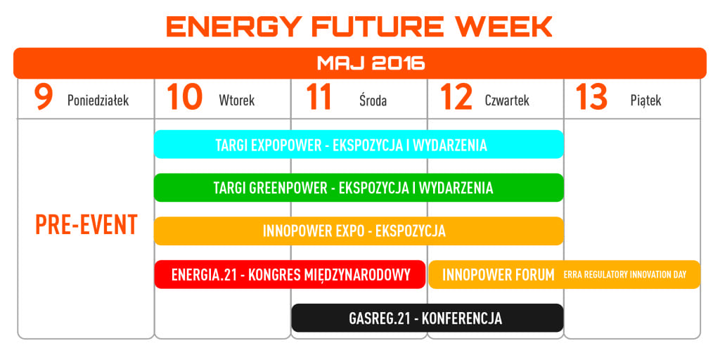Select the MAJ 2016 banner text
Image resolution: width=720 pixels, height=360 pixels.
click(371, 63)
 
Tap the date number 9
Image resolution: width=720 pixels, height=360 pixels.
click(44, 97)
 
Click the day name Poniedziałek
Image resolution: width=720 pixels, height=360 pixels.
click(98, 101)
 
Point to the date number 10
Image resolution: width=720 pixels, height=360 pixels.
click(185, 97)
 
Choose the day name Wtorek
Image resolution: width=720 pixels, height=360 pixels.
click(237, 100)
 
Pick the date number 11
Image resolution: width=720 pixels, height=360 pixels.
click(319, 97)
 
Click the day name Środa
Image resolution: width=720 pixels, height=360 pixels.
click(373, 100)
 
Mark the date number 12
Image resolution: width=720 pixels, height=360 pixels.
click(456, 97)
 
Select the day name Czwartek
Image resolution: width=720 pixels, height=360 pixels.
click(507, 100)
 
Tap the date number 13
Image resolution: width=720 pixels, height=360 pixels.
click(592, 97)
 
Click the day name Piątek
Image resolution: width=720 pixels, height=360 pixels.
click(646, 101)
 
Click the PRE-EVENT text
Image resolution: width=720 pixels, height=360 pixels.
click(86, 224)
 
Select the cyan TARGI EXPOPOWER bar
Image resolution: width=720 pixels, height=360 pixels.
click(359, 144)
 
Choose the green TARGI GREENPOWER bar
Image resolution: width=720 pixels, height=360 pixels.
click(359, 187)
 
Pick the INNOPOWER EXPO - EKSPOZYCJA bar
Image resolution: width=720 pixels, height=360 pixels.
click(359, 231)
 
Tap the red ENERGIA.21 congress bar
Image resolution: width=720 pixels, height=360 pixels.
click(290, 275)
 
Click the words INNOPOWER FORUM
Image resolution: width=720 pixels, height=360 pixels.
click(499, 275)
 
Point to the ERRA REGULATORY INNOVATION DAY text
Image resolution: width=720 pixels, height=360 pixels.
click(625, 275)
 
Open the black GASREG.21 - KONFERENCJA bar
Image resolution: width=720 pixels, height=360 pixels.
click(427, 318)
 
